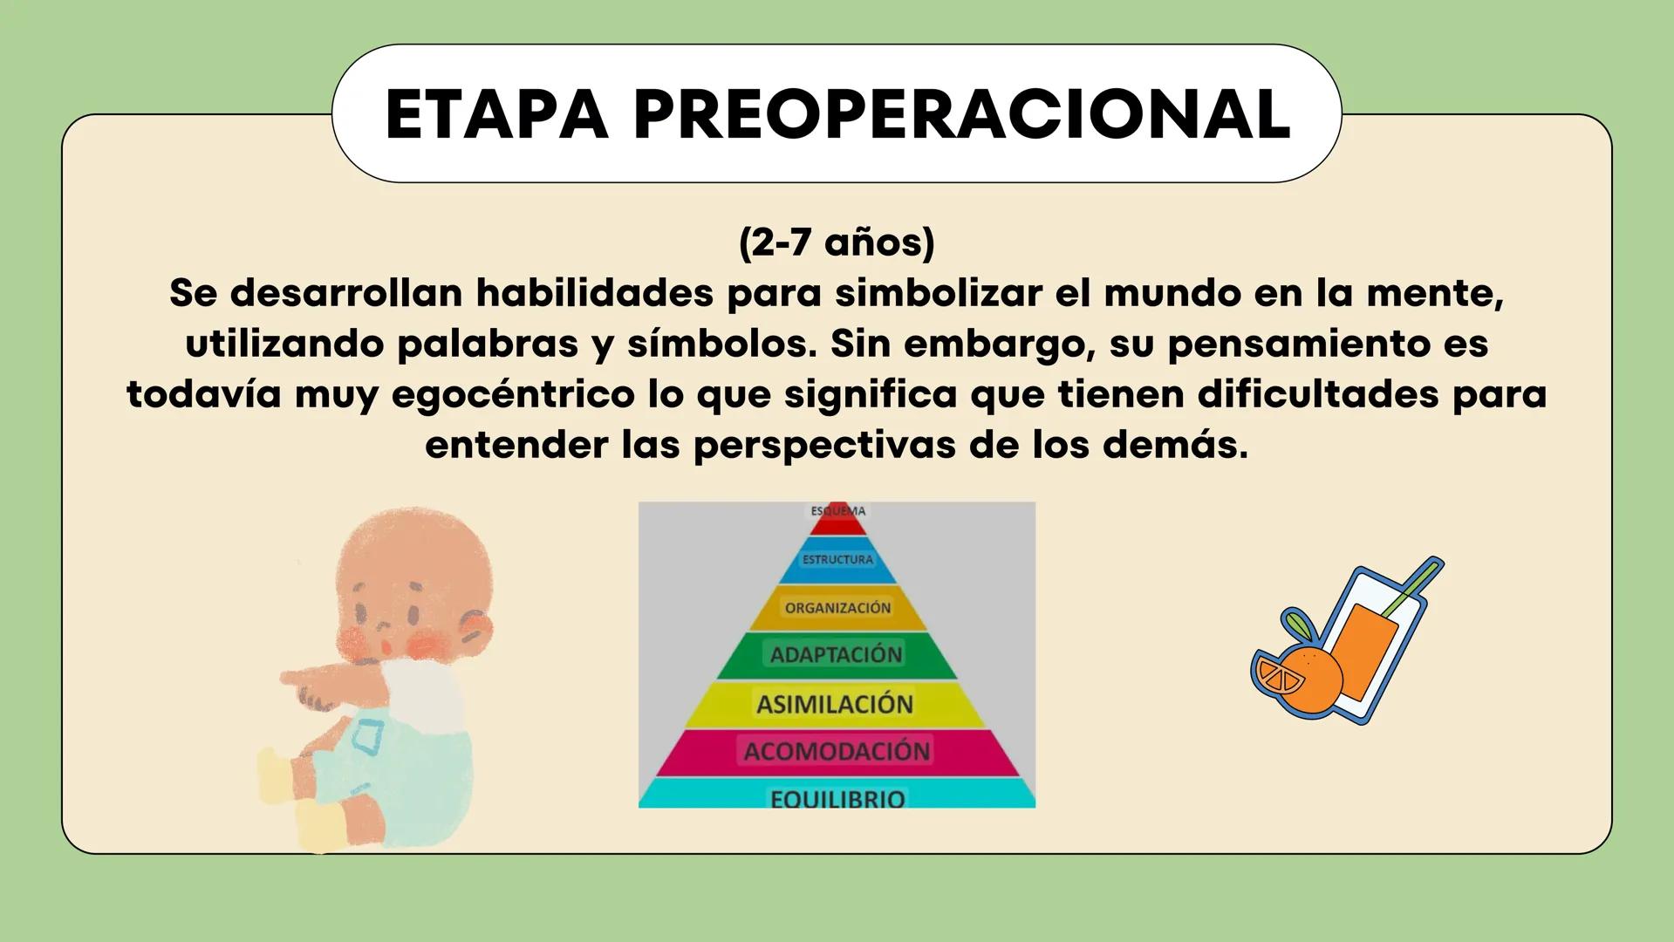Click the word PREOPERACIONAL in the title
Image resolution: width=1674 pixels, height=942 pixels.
coord(961,114)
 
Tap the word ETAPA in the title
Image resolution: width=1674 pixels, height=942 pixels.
coord(496,114)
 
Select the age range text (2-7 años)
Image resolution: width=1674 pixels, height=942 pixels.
coord(837,242)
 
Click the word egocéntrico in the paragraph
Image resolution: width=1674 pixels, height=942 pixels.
coord(513,394)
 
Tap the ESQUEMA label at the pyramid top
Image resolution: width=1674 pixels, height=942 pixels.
coord(837,512)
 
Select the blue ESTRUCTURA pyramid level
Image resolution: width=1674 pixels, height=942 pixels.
coord(837,560)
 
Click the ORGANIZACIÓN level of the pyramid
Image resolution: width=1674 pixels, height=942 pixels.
coord(837,608)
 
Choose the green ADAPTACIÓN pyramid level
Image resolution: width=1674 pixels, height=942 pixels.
coord(836,655)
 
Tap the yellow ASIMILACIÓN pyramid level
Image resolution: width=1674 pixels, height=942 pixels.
coord(835,705)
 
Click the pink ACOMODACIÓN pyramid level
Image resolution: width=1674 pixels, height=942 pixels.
coord(837,752)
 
